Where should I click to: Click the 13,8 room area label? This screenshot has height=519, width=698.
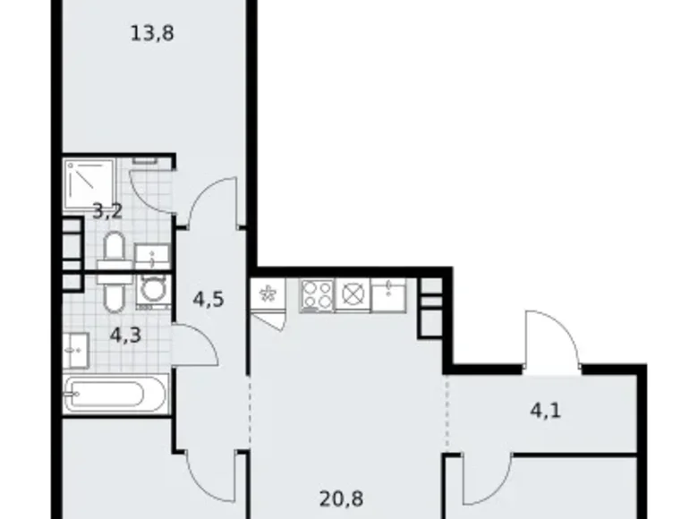[x=151, y=35]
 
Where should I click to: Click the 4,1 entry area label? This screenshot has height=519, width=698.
[x=546, y=413]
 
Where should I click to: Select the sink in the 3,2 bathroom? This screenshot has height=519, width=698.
[x=151, y=256]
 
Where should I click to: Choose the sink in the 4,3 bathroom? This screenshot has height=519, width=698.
[x=75, y=349]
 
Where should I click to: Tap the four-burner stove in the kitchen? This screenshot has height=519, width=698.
[x=316, y=294]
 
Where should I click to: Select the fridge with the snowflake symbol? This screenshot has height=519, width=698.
[x=267, y=293]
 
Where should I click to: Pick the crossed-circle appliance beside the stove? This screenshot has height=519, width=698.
[x=351, y=294]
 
